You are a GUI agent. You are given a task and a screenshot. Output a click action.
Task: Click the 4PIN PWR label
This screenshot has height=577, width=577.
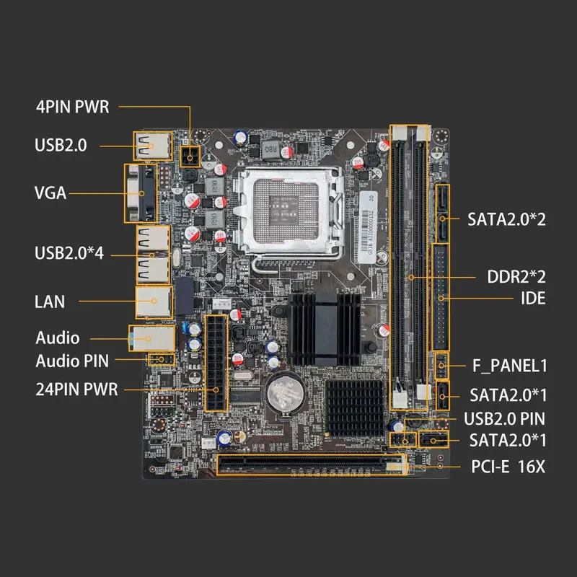pos(72,107)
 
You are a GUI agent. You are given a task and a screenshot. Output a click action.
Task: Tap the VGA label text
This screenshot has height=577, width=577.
pos(50,193)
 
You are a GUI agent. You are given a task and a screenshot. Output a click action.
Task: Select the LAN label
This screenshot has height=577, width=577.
pos(50,301)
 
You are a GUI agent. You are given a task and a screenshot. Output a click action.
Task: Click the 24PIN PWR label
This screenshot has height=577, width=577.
pos(76,389)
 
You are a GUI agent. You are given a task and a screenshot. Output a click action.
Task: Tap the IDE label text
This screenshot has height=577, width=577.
pos(534,298)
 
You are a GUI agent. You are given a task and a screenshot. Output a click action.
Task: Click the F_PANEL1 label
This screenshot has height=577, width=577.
pos(509,366)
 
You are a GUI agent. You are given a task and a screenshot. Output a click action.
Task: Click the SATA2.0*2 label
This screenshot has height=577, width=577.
pos(506,218)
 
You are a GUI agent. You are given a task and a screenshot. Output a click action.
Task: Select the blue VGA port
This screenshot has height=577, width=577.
pos(141,193)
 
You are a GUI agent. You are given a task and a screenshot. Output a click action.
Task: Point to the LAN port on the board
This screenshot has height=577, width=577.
pos(152,301)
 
